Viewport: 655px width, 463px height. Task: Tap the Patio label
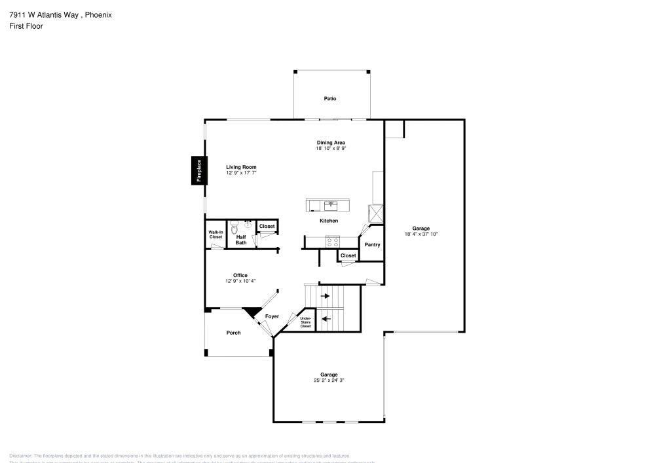(330, 98)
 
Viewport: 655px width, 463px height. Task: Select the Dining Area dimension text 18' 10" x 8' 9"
(331, 149)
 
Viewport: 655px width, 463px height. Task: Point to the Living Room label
(241, 167)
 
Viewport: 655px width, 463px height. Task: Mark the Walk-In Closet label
(215, 234)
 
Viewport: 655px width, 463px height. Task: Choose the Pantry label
(372, 244)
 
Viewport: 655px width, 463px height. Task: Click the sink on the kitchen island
(331, 204)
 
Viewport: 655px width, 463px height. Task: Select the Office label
(240, 275)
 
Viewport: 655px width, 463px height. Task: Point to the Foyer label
(272, 316)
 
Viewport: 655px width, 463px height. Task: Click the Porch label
(233, 333)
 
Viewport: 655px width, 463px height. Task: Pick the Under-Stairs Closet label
(305, 322)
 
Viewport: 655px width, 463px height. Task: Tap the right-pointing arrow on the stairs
(325, 296)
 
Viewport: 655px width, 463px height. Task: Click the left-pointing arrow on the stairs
(325, 320)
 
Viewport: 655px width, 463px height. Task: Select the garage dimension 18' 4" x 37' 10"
(421, 234)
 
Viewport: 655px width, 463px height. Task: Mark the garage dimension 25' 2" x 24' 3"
(329, 380)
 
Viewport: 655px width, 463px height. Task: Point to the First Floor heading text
(26, 26)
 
